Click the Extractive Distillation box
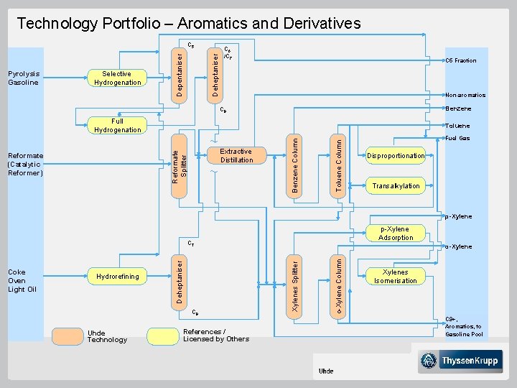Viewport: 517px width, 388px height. tap(236, 156)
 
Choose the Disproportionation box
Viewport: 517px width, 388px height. tap(396, 156)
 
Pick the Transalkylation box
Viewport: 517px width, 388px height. tap(396, 186)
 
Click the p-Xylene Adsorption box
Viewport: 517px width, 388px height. tap(396, 233)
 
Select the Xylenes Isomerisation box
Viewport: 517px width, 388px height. tap(395, 277)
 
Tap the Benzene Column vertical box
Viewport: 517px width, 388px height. tap(295, 164)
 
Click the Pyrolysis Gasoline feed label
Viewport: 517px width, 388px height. tap(23, 78)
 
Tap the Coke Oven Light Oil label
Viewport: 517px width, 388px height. tap(22, 280)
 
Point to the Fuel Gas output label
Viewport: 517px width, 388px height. tap(457, 138)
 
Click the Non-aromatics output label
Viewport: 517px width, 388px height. tap(465, 95)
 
